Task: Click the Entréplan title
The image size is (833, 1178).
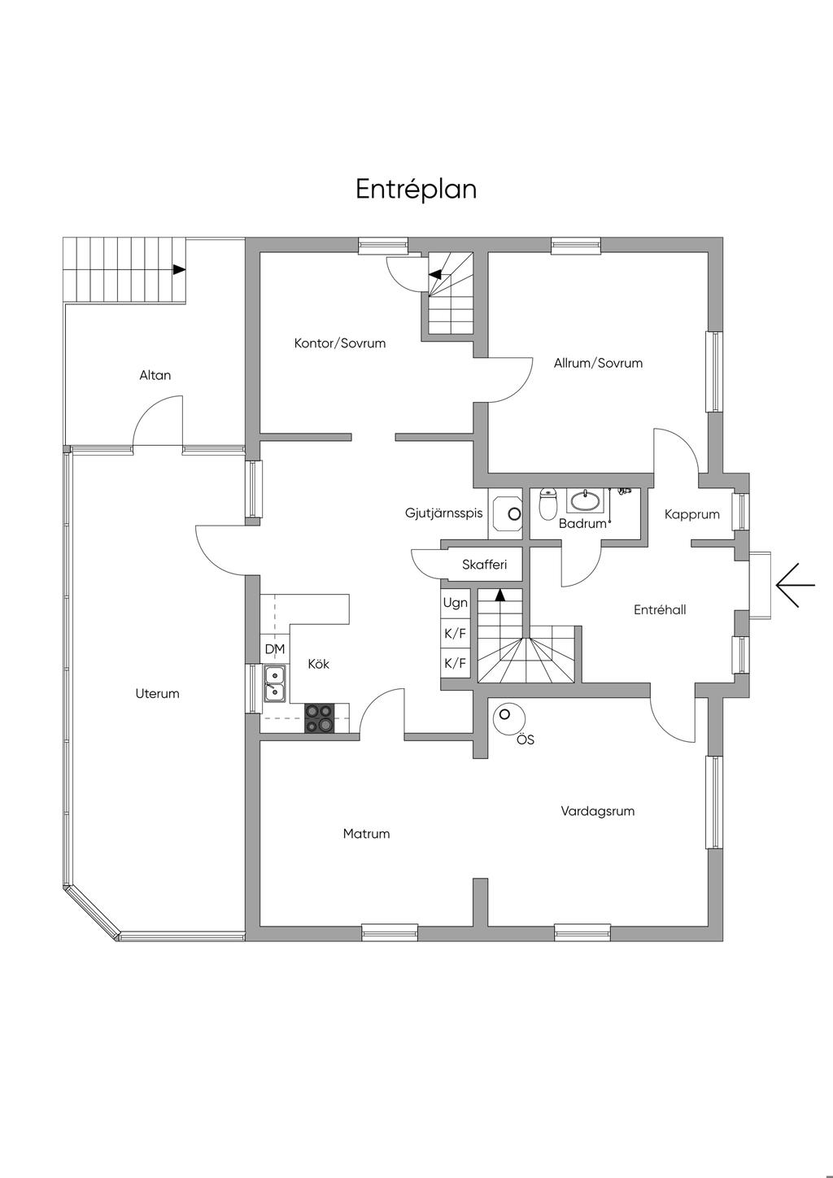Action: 416,190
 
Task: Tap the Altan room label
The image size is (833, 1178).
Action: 155,375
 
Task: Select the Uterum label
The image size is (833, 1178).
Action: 157,693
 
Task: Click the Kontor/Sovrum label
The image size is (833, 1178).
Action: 340,343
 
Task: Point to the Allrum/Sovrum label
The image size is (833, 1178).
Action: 598,363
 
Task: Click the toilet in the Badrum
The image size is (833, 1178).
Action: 548,504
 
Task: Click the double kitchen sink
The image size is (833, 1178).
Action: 274,683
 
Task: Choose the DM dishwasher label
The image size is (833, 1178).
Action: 274,649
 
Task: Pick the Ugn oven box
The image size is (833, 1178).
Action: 455,603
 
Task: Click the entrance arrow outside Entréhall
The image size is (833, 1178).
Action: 795,585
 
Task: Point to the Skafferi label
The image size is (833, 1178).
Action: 484,565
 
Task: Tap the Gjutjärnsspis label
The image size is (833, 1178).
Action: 443,513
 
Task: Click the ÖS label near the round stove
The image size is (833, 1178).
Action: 526,740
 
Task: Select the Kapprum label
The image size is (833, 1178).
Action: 691,514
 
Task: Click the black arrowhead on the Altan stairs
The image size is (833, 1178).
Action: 179,269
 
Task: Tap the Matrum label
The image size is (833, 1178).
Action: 366,834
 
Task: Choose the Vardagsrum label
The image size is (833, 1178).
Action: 597,811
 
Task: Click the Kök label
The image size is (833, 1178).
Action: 319,664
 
